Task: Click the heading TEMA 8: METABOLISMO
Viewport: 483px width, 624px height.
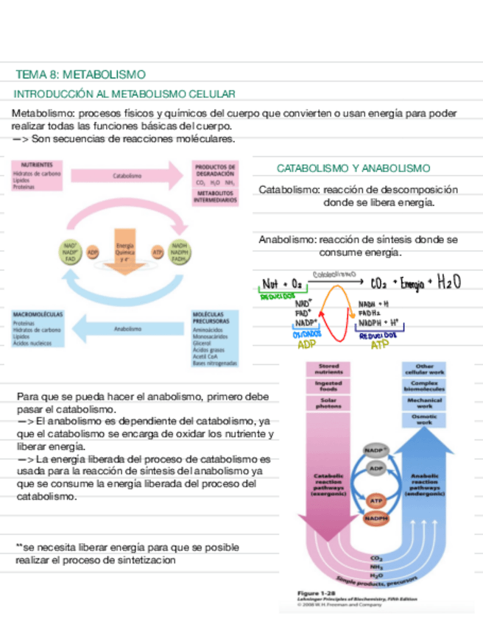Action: click(80, 74)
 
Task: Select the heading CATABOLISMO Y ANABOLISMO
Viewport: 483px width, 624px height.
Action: click(353, 168)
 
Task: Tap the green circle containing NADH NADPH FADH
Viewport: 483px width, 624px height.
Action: click(179, 252)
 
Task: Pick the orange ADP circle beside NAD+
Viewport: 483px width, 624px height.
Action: click(93, 252)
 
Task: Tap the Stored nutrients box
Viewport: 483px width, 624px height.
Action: click(328, 369)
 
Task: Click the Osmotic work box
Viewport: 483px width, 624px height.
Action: click(424, 420)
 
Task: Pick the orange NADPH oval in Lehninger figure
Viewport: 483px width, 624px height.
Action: click(376, 518)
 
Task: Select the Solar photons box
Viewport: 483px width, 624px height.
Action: click(328, 404)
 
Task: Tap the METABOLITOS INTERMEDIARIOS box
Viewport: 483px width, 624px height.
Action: click(214, 196)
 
